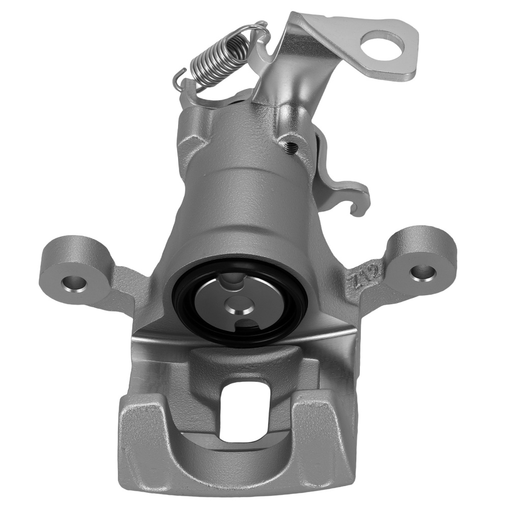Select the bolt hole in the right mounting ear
pos(420,272)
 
